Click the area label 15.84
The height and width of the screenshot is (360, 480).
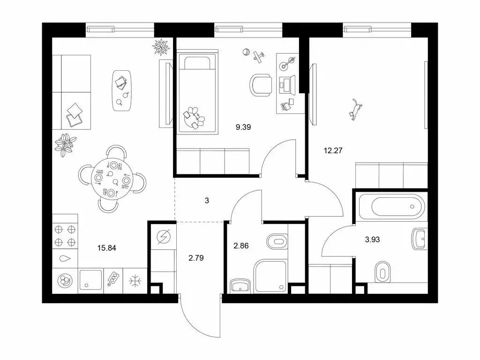click(x=106, y=248)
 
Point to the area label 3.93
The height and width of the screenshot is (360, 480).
click(x=372, y=239)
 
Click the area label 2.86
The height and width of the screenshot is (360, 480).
click(x=243, y=244)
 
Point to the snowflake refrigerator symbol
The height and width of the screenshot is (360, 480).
click(x=135, y=281)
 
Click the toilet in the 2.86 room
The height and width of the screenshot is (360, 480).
click(x=277, y=242)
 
